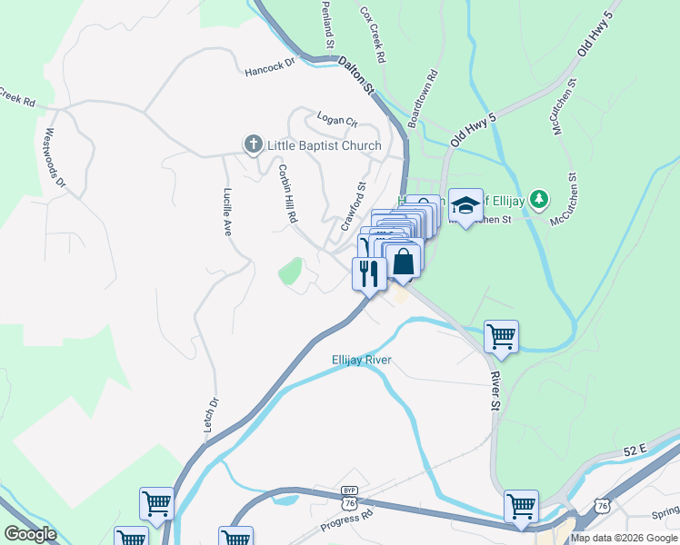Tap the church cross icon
pyautogui.click(x=253, y=144)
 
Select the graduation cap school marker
pyautogui.click(x=465, y=206)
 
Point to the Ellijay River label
pyautogui.click(x=361, y=360)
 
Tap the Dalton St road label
pyautogui.click(x=356, y=75)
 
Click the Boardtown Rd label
pyautogui.click(x=424, y=98)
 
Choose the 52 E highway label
pyautogui.click(x=635, y=450)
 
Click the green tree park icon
pyautogui.click(x=539, y=198)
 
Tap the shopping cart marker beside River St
pyautogui.click(x=501, y=336)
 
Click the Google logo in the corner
pyautogui.click(x=30, y=534)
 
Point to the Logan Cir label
pyautogui.click(x=337, y=119)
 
